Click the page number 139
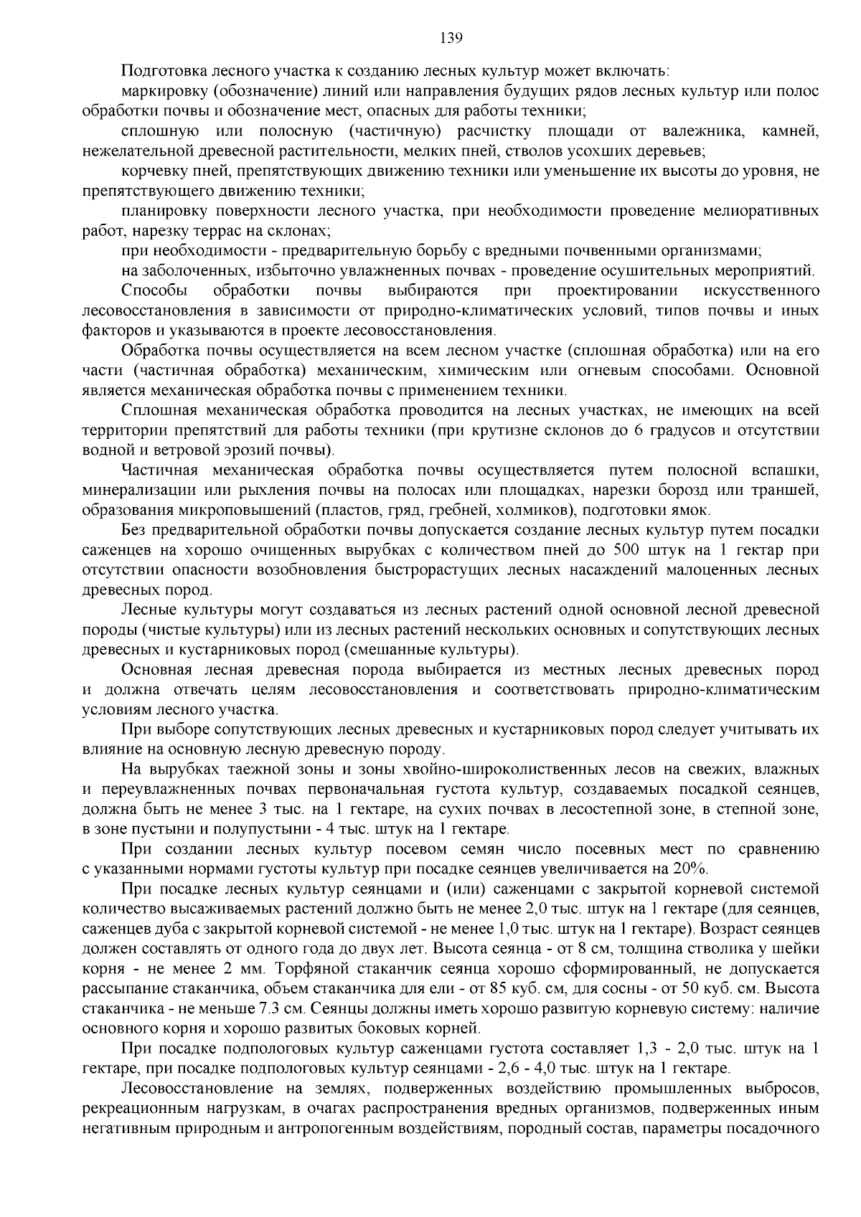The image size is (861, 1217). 430,38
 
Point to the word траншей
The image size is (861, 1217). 789,491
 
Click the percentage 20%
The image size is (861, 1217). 691,869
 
